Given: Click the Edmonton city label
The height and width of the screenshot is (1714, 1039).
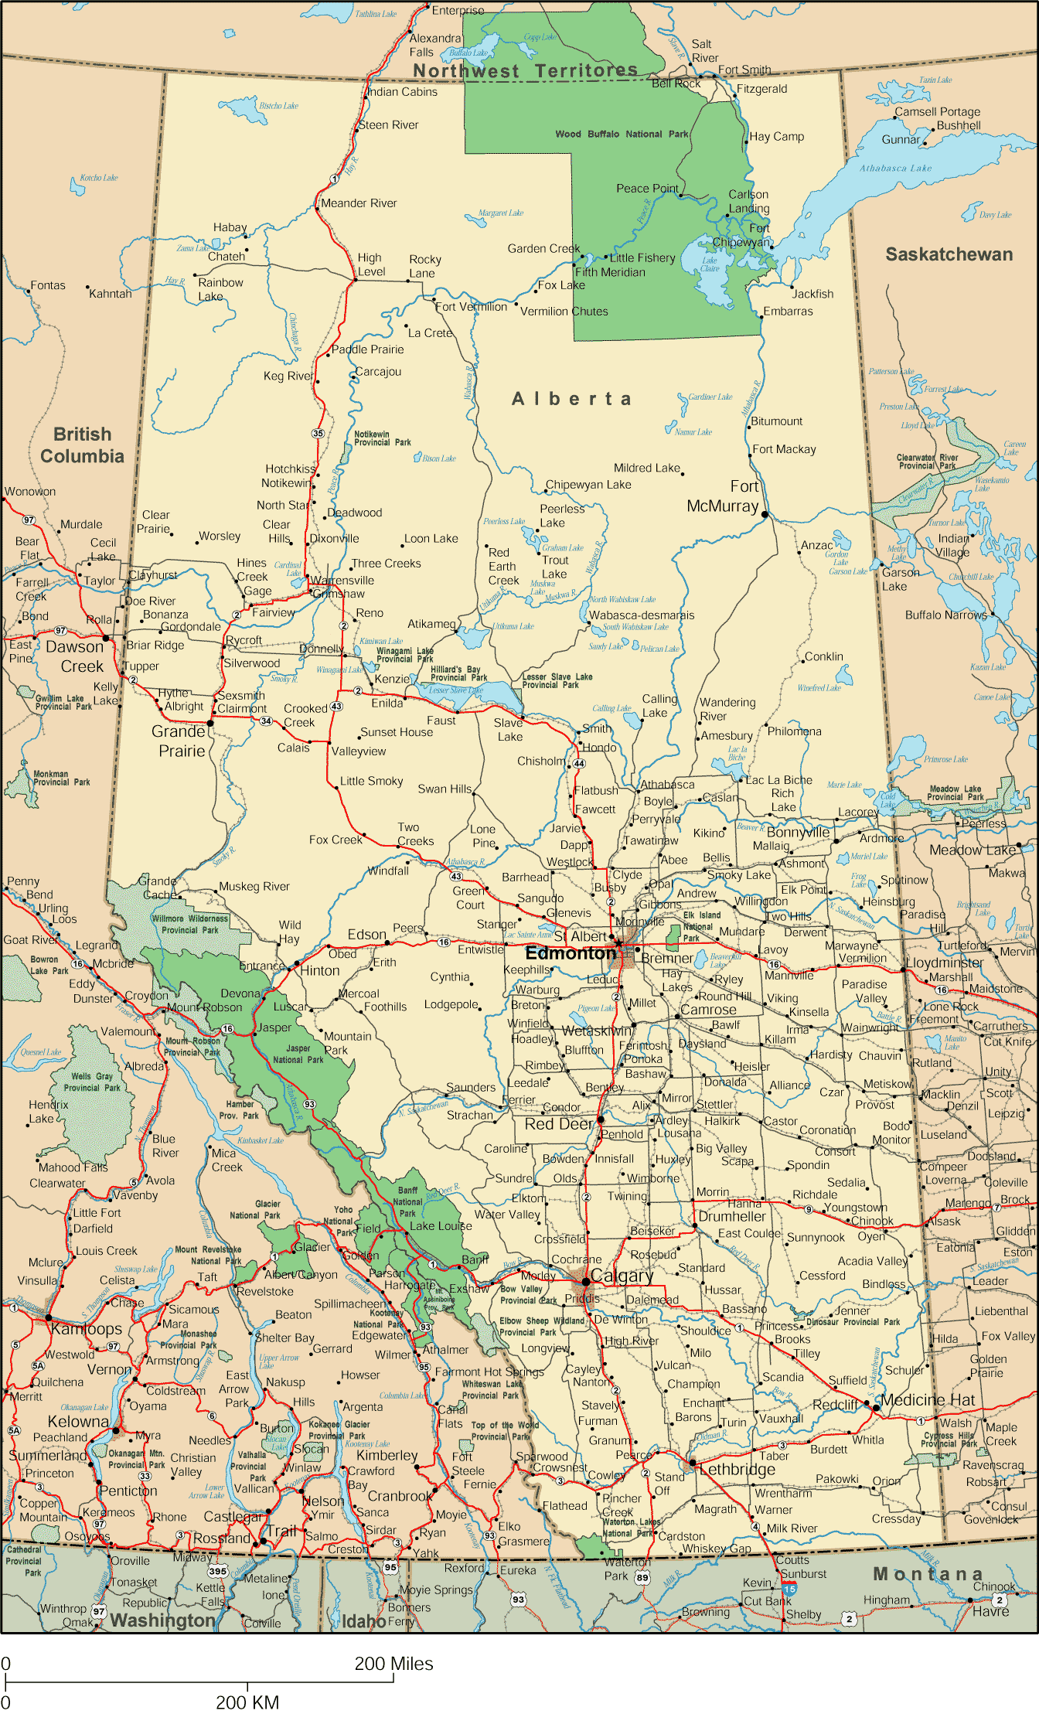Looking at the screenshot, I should (571, 953).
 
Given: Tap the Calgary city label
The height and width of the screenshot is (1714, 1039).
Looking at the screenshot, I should (621, 1276).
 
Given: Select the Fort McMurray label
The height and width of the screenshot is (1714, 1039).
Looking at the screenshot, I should (724, 496).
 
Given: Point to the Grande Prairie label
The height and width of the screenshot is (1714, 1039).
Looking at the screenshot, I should (179, 741).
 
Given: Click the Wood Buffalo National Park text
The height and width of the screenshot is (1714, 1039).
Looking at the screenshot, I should (622, 134).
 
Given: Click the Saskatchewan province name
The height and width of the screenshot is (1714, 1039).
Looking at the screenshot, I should (949, 254).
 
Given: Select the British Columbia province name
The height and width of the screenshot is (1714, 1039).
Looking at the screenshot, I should (82, 445).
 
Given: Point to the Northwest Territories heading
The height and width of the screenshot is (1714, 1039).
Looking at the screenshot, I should (526, 71).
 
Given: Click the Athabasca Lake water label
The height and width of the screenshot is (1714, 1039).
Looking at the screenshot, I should (895, 168).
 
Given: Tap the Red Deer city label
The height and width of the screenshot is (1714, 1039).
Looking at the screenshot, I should (559, 1124).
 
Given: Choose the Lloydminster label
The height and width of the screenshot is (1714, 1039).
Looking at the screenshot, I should (944, 963).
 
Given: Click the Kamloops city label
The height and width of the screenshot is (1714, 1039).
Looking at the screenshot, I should (87, 1329).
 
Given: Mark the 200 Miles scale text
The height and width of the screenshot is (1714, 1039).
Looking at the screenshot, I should (393, 1664).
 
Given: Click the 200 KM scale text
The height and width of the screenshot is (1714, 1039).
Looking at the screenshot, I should (247, 1702).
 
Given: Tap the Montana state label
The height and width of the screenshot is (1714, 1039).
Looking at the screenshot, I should (928, 1574).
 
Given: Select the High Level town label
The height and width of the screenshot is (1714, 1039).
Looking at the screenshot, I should (371, 264).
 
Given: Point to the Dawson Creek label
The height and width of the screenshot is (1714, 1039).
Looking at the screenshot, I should (75, 656).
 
